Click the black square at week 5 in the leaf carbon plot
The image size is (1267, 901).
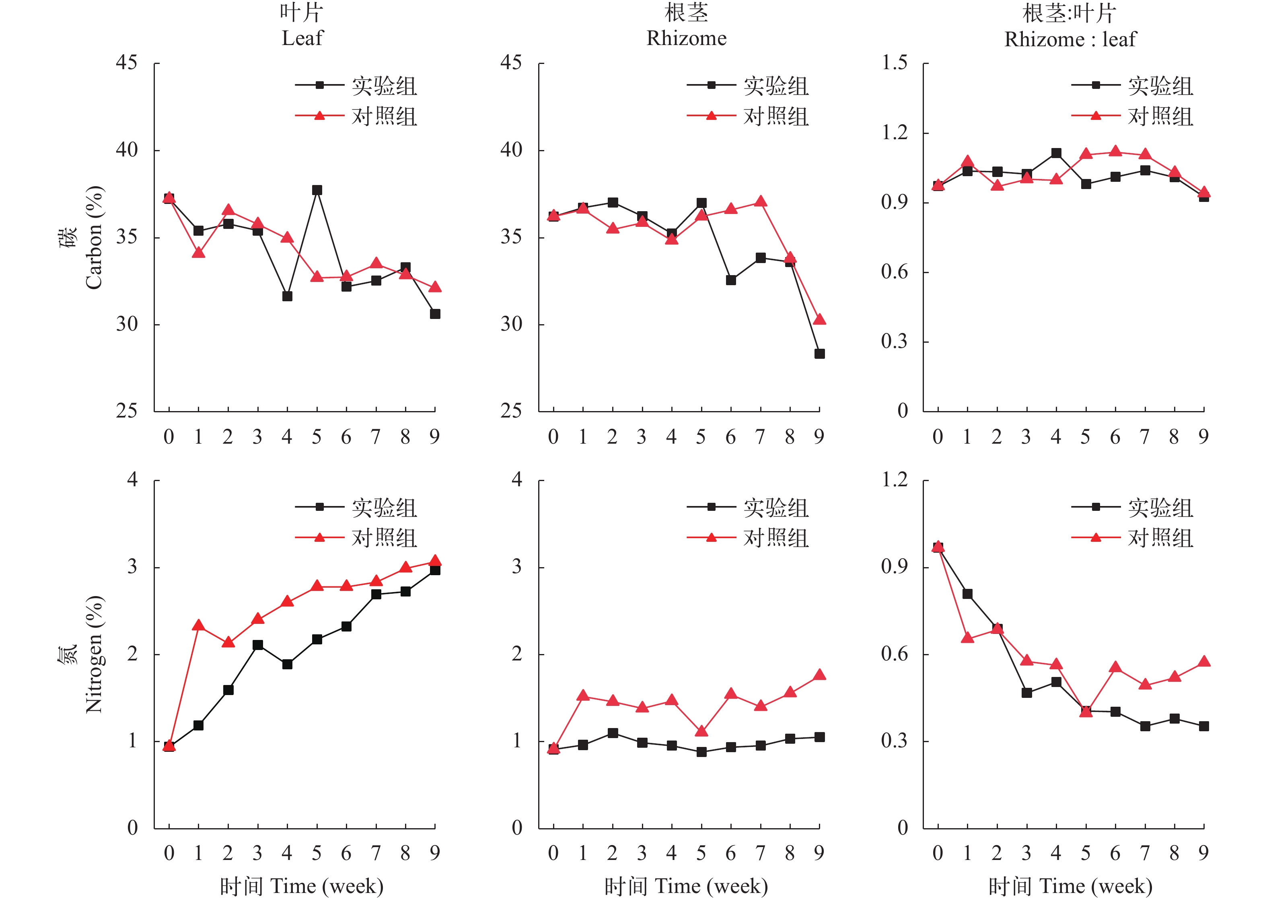point(317,190)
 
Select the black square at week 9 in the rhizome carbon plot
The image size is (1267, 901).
point(819,354)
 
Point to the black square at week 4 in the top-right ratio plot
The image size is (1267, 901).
point(1056,153)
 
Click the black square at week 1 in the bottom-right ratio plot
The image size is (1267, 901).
point(967,594)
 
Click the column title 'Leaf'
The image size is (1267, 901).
point(302,38)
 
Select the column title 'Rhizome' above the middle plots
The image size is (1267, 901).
point(686,38)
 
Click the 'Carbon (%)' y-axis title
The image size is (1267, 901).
point(94,237)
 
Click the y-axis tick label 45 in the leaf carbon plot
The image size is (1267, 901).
point(126,63)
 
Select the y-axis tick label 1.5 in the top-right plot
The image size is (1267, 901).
point(894,63)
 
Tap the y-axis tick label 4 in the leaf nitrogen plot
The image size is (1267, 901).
point(132,479)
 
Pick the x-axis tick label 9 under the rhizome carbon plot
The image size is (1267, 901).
point(819,437)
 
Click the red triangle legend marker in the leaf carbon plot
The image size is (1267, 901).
point(319,116)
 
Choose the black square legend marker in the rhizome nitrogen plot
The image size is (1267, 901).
point(712,506)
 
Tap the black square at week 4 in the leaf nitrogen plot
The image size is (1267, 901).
point(287,664)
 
